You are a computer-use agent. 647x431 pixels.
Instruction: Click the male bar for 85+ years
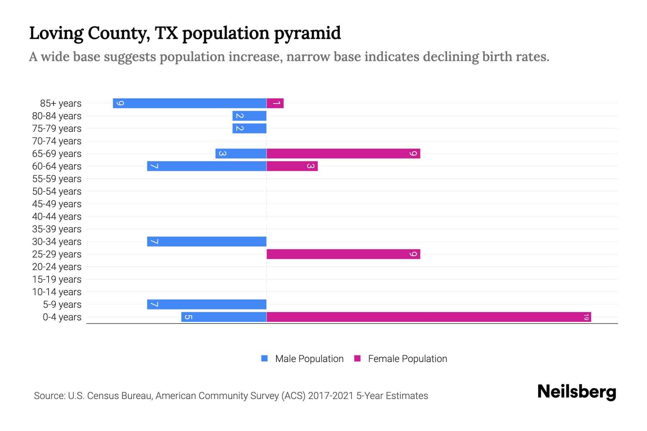[x=189, y=103]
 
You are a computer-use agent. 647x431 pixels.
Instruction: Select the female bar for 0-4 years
[x=428, y=317]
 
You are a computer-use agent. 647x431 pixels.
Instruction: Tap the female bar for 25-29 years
[x=343, y=254]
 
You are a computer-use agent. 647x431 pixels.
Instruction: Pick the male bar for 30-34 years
[x=207, y=241]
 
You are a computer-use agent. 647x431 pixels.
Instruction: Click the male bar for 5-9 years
[x=207, y=304]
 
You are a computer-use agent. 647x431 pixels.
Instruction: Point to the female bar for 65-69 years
[x=343, y=153]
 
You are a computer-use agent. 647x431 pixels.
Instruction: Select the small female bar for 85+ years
[x=275, y=103]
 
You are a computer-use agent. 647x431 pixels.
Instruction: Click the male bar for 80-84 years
[x=249, y=116]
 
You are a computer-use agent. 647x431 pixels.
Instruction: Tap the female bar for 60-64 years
[x=292, y=166]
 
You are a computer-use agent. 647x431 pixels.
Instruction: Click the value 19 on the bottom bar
[x=586, y=317]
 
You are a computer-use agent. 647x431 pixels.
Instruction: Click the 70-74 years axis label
[x=57, y=141]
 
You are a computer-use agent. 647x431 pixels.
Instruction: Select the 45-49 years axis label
[x=57, y=204]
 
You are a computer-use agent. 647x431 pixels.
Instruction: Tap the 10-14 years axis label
[x=57, y=292]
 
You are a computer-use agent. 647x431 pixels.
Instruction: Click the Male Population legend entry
[x=303, y=358]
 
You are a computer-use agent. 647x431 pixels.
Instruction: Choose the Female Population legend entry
[x=401, y=358]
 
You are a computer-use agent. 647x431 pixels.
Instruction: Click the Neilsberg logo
[x=577, y=391]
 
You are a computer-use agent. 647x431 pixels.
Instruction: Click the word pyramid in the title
[x=307, y=33]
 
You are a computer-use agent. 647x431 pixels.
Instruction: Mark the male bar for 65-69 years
[x=241, y=153]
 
